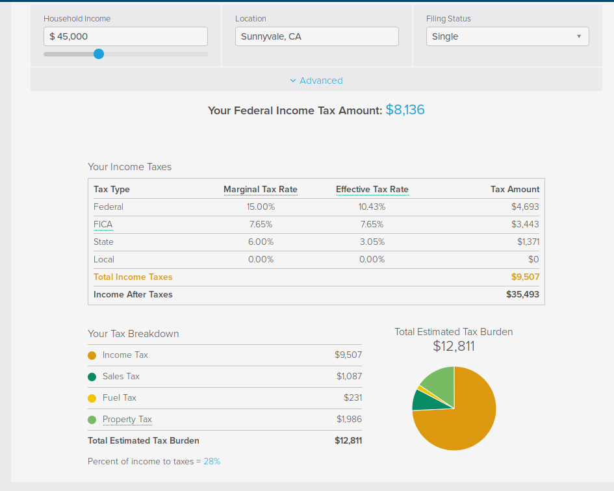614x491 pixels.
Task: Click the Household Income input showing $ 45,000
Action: pos(125,36)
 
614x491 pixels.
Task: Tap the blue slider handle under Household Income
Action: pos(99,54)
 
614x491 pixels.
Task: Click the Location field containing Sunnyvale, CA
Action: pos(317,36)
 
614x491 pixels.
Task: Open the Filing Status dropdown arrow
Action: pos(579,36)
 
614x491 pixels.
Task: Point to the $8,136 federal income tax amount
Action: pos(405,110)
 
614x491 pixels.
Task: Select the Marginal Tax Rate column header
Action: pos(261,190)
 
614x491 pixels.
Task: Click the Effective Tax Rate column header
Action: pos(372,190)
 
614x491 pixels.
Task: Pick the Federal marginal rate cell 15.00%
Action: pos(261,207)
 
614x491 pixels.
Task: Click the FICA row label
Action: pos(103,224)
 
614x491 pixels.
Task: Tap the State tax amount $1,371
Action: pos(528,242)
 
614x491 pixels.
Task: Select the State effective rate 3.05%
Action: pos(372,242)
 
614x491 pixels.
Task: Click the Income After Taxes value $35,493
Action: pos(522,294)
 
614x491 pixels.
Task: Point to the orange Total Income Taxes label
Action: pos(133,277)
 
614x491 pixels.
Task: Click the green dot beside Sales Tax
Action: pos(92,377)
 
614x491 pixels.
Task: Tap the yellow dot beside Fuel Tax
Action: pos(92,399)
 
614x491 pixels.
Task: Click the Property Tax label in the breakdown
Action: pos(127,420)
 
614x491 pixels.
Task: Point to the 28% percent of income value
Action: pos(212,462)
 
